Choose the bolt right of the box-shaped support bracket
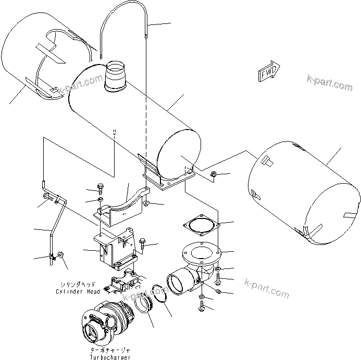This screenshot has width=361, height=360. [143, 243]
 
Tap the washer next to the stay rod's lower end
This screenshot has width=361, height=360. [61, 255]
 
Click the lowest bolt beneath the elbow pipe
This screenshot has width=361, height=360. [201, 307]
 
